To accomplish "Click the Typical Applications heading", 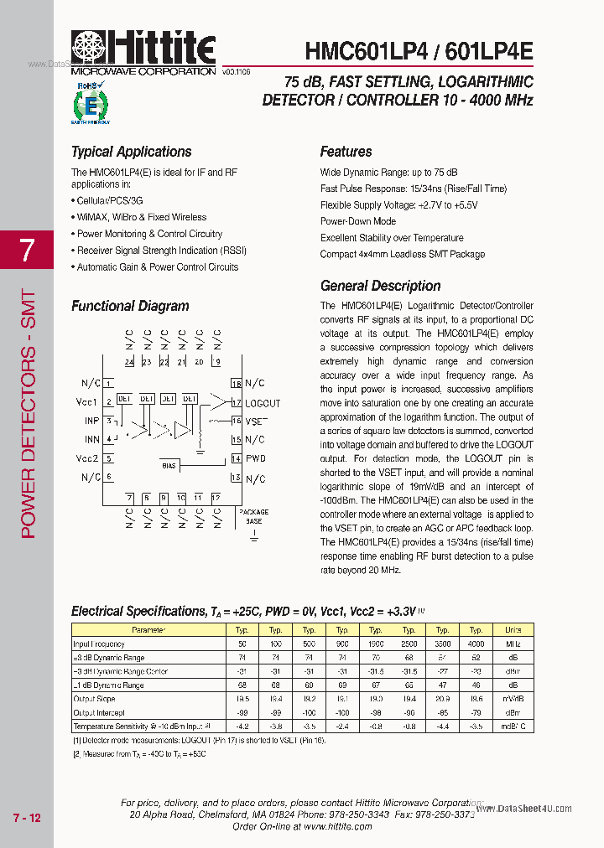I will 131,152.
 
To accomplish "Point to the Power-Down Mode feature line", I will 357,221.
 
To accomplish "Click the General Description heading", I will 380,286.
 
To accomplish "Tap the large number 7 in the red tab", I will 27,251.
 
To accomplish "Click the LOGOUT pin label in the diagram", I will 263,403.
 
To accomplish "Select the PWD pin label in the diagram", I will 255,459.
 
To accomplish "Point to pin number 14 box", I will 236,459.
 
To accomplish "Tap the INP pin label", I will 91,421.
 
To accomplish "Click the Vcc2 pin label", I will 87,459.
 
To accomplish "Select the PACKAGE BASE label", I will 254,515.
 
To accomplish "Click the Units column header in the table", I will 513,630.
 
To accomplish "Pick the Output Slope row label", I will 95,699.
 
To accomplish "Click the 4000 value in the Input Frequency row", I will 476,644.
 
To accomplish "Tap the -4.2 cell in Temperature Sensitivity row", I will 242,726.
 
